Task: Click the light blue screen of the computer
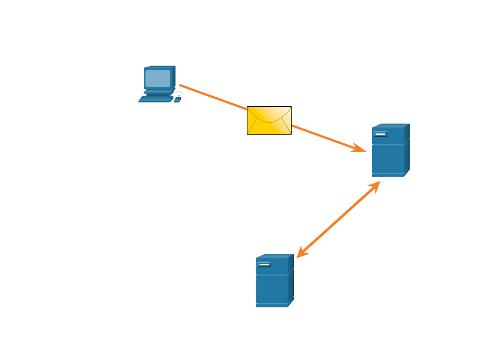pyautogui.click(x=158, y=78)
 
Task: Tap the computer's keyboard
pyautogui.click(x=156, y=99)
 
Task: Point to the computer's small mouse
pyautogui.click(x=177, y=99)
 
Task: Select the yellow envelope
pyautogui.click(x=269, y=121)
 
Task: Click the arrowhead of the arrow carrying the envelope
pyautogui.click(x=361, y=150)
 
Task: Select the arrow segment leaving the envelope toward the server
pyautogui.click(x=322, y=136)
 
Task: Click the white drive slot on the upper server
pyautogui.click(x=381, y=134)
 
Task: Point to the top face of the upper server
pyautogui.click(x=391, y=125)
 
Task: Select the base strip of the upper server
pyautogui.click(x=388, y=174)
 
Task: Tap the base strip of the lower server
pyautogui.click(x=272, y=304)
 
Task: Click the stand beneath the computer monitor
pyautogui.click(x=158, y=91)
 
